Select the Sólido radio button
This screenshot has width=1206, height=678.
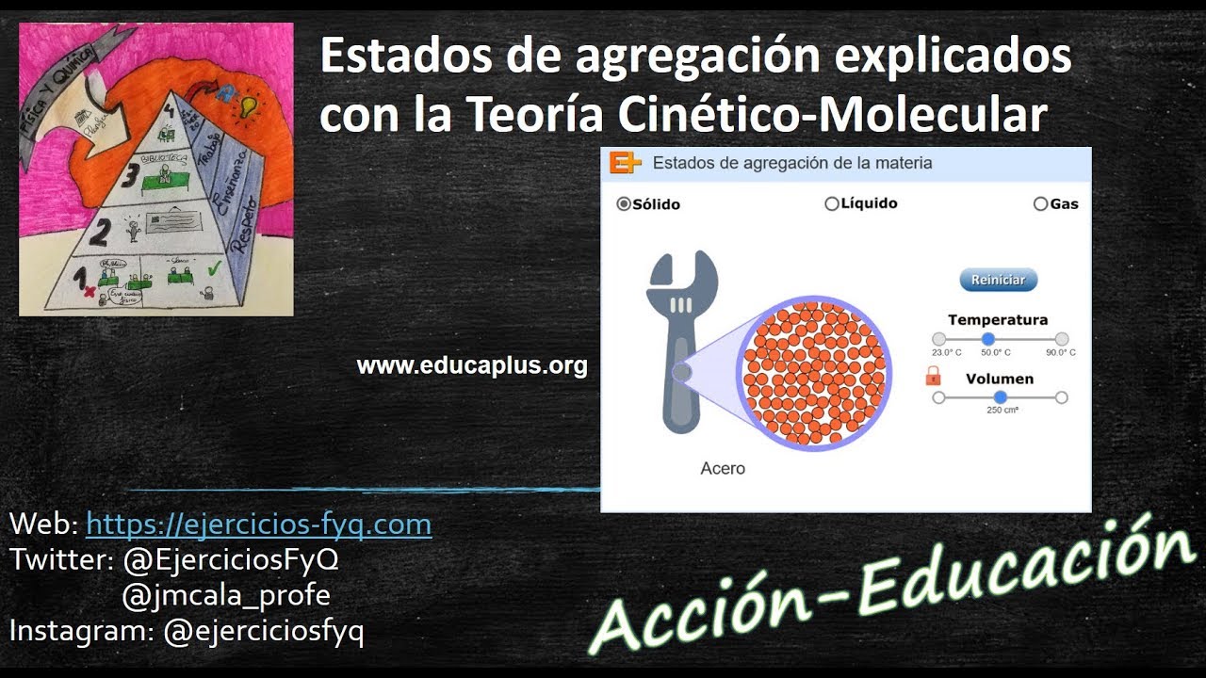pos(624,204)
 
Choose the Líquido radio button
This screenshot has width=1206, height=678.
pos(831,203)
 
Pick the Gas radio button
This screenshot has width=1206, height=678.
pos(1040,203)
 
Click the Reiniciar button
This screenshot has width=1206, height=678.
pos(998,280)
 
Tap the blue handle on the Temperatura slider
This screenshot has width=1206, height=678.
pos(987,339)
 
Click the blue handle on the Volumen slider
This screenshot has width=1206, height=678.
pos(1000,397)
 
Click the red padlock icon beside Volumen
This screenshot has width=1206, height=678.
pos(933,378)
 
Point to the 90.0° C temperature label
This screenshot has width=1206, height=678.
pos(1060,352)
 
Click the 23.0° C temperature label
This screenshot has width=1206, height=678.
pos(946,352)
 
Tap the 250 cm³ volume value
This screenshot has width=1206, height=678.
pos(1002,411)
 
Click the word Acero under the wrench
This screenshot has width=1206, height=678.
pos(723,468)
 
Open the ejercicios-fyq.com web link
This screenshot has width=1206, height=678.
pos(258,525)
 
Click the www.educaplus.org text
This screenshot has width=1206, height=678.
pos(472,365)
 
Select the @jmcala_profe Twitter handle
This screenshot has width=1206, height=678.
pos(226,595)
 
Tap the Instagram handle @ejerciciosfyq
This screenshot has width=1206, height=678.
pos(264,631)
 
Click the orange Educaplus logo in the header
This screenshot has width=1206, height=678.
pos(625,163)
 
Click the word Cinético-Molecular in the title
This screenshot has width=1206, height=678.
pos(833,115)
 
